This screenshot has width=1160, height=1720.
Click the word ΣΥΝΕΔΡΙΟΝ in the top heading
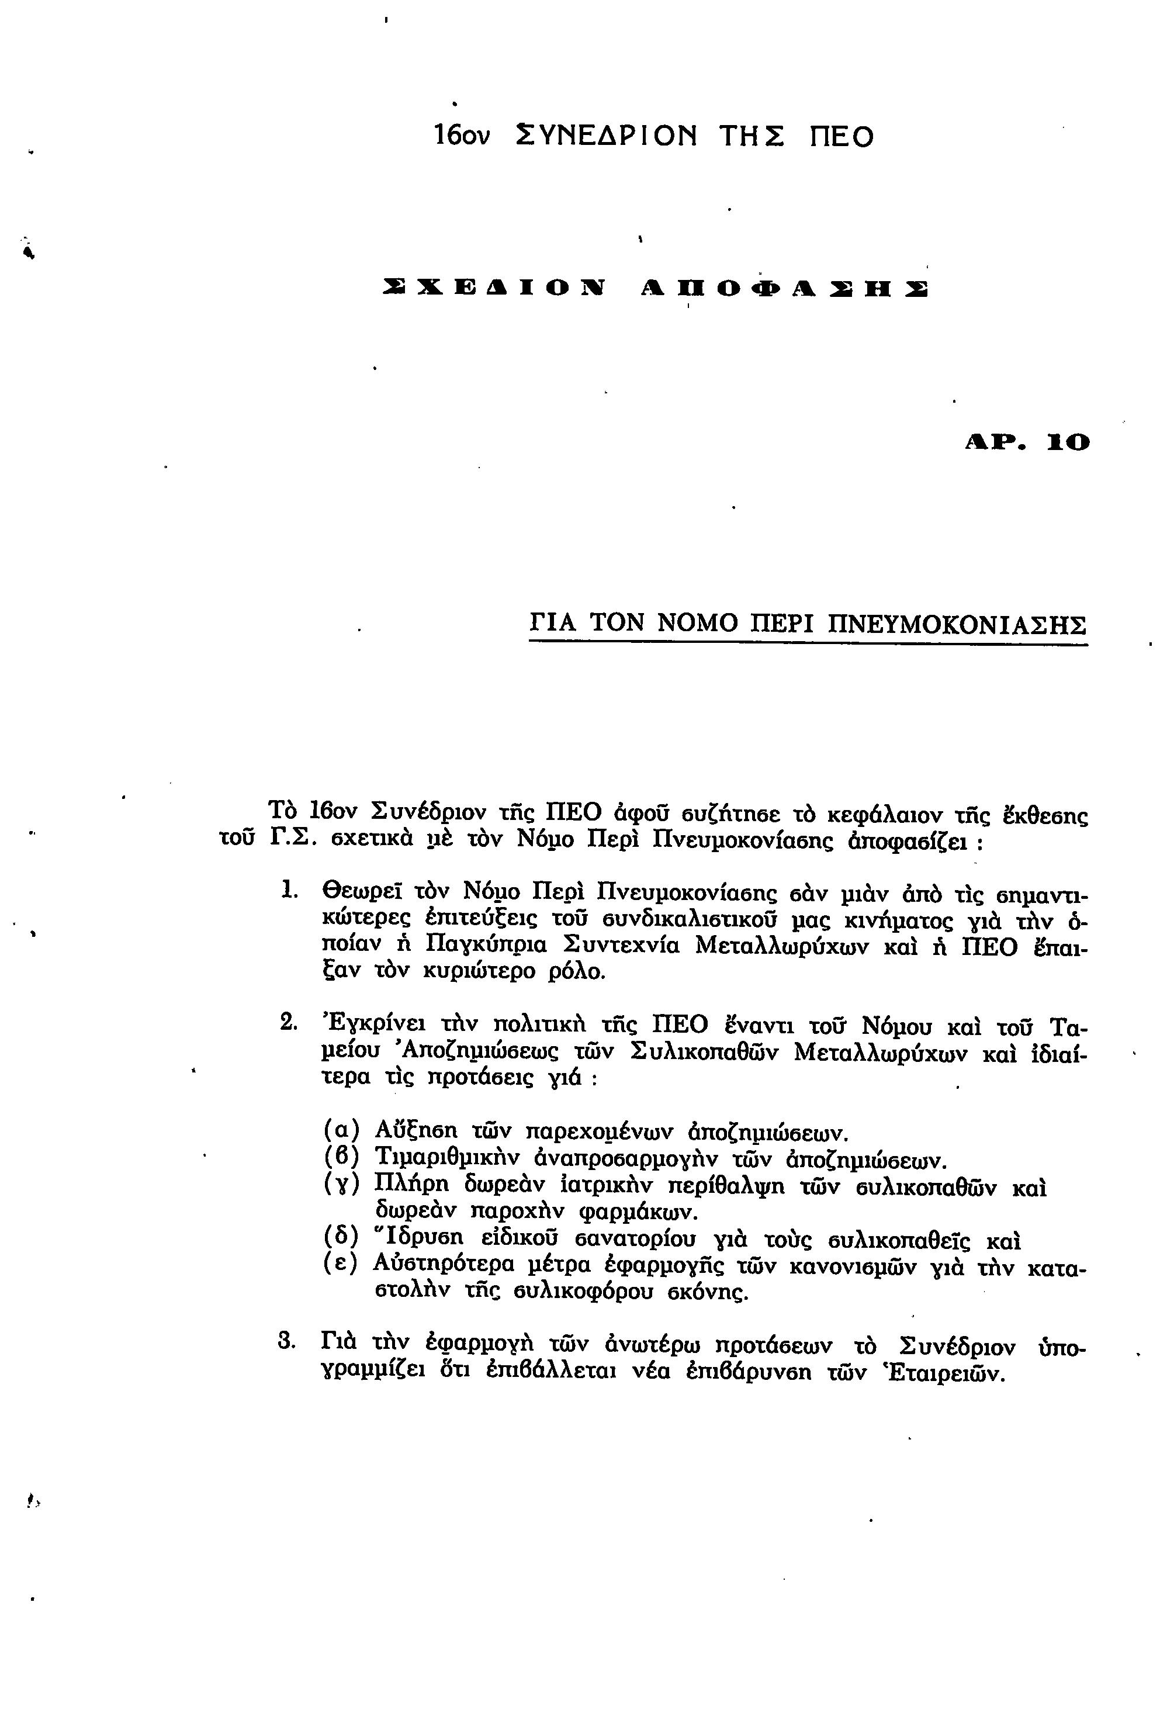coord(606,136)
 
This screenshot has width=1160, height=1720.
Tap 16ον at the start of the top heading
coord(462,136)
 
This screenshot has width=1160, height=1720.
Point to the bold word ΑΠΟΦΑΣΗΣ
coord(784,289)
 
